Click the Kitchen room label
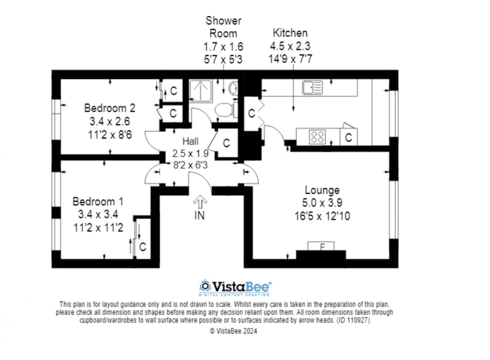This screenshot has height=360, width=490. pyautogui.click(x=290, y=33)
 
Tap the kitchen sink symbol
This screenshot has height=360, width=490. pyautogui.click(x=312, y=88)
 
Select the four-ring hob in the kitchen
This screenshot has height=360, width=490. pyautogui.click(x=317, y=137)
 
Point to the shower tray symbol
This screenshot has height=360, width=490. pyautogui.click(x=201, y=91)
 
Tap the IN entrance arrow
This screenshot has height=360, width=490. pyautogui.click(x=200, y=202)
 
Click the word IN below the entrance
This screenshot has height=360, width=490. pyautogui.click(x=199, y=216)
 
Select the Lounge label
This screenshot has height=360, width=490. pyautogui.click(x=322, y=190)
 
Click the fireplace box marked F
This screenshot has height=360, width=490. pyautogui.click(x=321, y=246)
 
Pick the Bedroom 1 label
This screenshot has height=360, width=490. pyautogui.click(x=98, y=202)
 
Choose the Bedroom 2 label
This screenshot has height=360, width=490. pyautogui.click(x=110, y=108)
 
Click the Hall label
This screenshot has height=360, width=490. pyautogui.click(x=191, y=142)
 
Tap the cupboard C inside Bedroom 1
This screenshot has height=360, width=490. pyautogui.click(x=143, y=247)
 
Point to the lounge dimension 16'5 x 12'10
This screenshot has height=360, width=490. pyautogui.click(x=322, y=216)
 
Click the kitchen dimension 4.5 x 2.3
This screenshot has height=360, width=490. pyautogui.click(x=290, y=46)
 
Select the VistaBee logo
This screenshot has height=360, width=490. pyautogui.click(x=235, y=287)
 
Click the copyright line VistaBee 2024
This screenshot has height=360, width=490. pyautogui.click(x=233, y=331)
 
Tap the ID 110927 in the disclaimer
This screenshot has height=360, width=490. pyautogui.click(x=353, y=320)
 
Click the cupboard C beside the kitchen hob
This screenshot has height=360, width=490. pyautogui.click(x=348, y=138)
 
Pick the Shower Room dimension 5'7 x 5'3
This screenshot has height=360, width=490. pyautogui.click(x=223, y=60)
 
